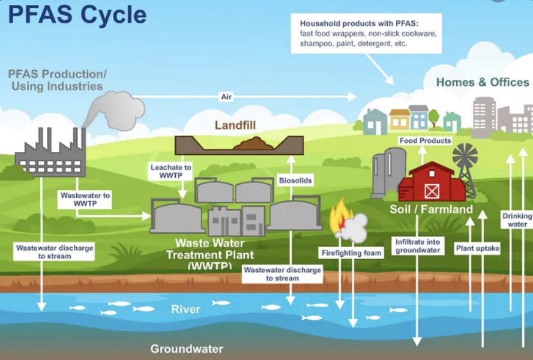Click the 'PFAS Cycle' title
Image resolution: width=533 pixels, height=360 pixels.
pos(77,14)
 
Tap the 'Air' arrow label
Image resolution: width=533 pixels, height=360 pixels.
pos(226,97)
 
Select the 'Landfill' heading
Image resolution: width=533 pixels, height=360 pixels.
pos(235,125)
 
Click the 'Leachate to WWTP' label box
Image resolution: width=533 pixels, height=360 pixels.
pos(171,172)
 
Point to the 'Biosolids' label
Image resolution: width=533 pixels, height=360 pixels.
pos(295,181)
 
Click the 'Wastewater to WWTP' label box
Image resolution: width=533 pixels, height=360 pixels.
pos(85,200)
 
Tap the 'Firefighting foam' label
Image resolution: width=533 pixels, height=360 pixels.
pos(351,253)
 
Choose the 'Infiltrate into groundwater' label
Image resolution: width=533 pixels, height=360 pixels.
pos(418,246)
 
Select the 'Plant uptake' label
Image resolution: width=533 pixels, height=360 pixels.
pos(478,248)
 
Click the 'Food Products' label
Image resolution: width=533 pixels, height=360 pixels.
pos(425,141)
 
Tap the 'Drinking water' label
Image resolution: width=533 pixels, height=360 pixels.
pos(517,220)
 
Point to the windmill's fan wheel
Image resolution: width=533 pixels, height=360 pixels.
pos(465,156)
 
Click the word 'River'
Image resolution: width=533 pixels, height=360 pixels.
pos(185,309)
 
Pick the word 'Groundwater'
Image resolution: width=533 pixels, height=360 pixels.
pos(187,349)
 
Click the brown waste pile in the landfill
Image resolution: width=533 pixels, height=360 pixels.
pos(253,143)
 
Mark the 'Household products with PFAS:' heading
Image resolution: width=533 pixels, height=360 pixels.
pos(359,23)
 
